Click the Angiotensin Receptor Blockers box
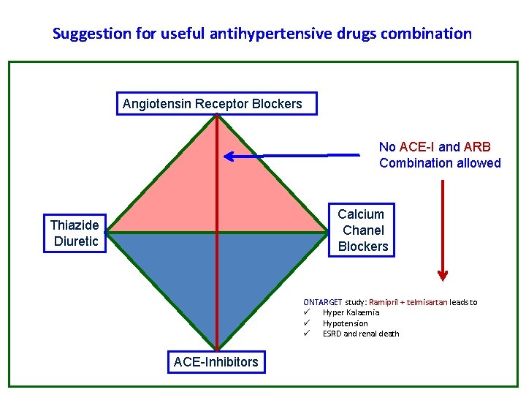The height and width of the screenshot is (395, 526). click(x=217, y=104)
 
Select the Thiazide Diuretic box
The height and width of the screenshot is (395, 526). click(x=75, y=233)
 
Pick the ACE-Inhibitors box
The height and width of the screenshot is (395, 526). click(x=216, y=361)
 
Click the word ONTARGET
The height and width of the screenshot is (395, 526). click(x=322, y=302)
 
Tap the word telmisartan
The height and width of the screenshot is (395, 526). click(x=429, y=302)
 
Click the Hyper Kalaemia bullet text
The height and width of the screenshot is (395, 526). click(x=351, y=312)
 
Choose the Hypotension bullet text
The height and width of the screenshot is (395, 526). click(x=345, y=323)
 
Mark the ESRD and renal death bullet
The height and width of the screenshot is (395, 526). click(x=361, y=334)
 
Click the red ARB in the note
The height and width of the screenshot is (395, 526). click(x=477, y=147)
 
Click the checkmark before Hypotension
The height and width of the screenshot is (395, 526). click(x=308, y=323)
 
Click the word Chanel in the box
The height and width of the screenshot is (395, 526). click(x=362, y=230)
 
